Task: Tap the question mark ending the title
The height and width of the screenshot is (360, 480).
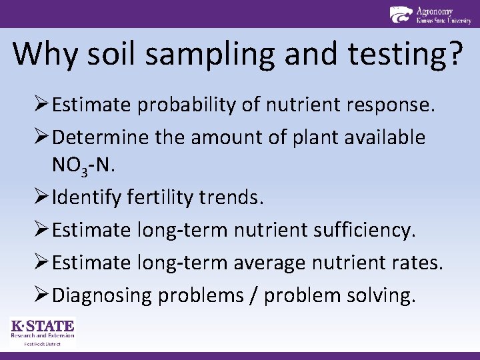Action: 455,53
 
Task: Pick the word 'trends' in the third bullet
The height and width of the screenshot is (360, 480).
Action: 230,198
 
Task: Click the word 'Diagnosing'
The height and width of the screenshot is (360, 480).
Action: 102,295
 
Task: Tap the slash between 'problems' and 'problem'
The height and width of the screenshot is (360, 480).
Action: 255,295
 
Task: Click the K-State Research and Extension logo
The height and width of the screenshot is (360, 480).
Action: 42,332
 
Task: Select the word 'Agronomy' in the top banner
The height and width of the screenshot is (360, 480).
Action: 434,11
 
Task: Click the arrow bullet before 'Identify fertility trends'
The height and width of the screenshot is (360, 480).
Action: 41,198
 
